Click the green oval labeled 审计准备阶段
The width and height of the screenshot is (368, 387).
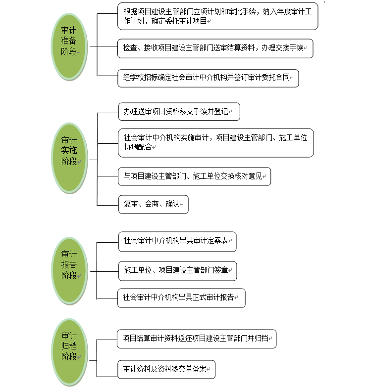coord(69,46)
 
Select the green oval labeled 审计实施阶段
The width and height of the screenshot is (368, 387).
coord(69,158)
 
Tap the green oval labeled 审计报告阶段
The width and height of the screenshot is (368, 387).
coord(69,271)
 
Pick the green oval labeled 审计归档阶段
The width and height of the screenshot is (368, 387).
coord(69,352)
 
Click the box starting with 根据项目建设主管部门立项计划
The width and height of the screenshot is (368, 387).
coord(217,16)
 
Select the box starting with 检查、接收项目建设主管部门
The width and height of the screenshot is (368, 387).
coord(215,48)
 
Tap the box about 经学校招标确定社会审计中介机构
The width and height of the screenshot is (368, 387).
coord(208,78)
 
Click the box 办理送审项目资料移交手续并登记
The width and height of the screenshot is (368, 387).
coord(179,112)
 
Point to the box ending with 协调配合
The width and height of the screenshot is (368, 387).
coord(216,143)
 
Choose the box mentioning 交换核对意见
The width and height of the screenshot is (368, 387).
coord(194,176)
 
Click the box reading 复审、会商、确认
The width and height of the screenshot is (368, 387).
coord(154,204)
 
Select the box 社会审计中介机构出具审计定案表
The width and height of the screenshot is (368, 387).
coord(177,242)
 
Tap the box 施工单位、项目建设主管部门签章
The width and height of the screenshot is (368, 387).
coord(178,271)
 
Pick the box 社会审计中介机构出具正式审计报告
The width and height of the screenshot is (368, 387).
coord(182,298)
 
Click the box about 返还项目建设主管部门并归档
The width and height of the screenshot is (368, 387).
coord(197,339)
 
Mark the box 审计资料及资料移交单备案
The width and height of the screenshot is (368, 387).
coord(166,369)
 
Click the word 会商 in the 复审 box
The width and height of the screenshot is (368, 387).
coord(152,204)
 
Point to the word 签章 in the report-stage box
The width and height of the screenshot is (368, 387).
coord(221,270)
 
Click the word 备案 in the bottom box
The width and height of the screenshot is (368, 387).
coord(199,369)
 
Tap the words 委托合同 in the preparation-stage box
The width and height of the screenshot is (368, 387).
coord(276,77)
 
